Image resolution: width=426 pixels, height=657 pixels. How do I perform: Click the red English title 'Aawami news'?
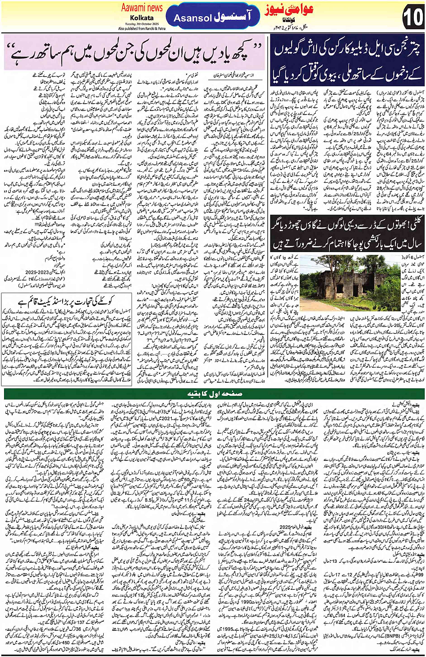pyautogui.click(x=142, y=8)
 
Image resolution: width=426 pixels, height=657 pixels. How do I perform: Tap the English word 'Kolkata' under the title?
pyautogui.click(x=137, y=17)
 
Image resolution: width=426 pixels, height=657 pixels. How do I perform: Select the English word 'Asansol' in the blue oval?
pyautogui.click(x=193, y=18)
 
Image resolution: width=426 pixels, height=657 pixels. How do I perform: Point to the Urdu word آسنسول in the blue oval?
pyautogui.click(x=234, y=17)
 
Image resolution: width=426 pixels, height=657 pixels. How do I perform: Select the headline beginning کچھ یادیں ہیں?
pyautogui.click(x=135, y=53)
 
